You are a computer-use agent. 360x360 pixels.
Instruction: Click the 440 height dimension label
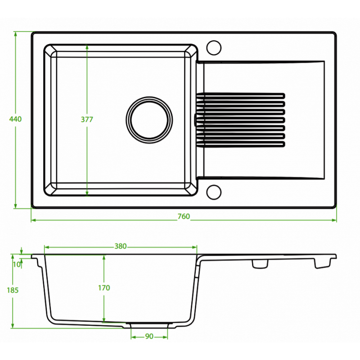tap(15, 119)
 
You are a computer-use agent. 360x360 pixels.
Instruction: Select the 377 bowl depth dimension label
tap(87, 119)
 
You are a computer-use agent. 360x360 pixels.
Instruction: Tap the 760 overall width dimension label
tap(184, 216)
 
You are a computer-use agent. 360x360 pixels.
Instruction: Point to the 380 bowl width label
tap(121, 246)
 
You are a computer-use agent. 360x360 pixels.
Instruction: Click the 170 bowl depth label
tap(104, 288)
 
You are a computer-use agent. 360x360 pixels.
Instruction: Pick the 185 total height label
tap(13, 290)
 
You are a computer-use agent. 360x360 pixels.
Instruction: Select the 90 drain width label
tap(149, 336)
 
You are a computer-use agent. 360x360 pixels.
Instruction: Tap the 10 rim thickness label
tap(17, 265)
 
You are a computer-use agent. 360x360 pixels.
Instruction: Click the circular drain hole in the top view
tap(149, 120)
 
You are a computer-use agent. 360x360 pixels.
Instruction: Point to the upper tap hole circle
tap(214, 48)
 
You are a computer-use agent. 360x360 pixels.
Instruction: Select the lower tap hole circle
tap(214, 192)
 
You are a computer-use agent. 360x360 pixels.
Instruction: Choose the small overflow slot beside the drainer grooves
tap(195, 120)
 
